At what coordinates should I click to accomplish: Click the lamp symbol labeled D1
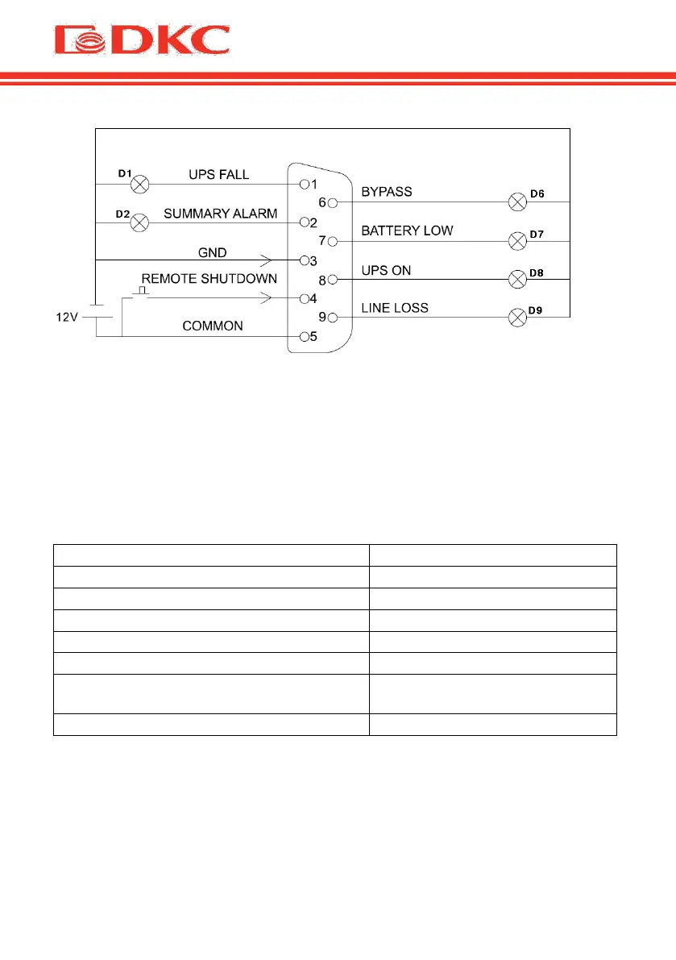139,185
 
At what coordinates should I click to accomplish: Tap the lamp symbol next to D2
139,222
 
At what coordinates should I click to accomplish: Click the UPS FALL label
219,175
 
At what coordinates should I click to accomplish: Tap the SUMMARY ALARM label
220,214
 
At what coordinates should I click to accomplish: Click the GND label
213,252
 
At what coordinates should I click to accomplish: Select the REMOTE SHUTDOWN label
209,279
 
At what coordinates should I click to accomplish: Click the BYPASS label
387,192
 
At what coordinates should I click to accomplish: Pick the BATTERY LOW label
407,231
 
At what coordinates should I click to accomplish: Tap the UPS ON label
386,270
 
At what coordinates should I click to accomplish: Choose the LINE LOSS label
395,308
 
